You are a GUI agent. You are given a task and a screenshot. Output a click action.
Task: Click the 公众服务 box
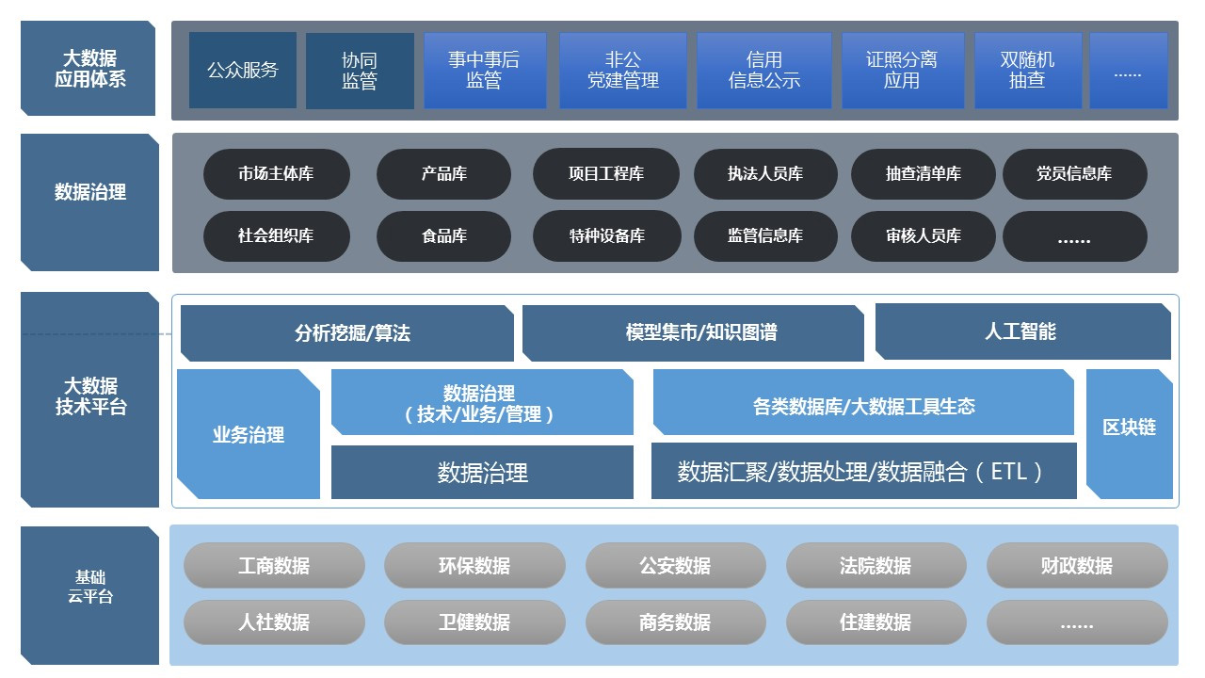[243, 71]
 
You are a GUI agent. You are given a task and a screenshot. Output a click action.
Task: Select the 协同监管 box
[360, 71]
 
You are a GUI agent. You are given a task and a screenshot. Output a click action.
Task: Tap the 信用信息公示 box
[763, 71]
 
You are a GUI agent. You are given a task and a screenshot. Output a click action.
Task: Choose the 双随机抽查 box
[1027, 71]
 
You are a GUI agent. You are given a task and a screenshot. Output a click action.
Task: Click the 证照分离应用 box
[901, 71]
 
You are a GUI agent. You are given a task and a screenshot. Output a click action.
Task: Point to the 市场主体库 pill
[276, 174]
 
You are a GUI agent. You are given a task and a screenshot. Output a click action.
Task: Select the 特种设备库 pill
[606, 235]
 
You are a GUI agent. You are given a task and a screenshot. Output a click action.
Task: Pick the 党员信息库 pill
[1074, 174]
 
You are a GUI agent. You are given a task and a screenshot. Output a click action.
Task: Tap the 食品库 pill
[443, 235]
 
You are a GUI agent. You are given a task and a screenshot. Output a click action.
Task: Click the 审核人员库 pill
[923, 235]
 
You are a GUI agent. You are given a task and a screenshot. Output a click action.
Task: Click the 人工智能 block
[1022, 331]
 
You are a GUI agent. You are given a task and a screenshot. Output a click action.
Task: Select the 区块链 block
[1129, 428]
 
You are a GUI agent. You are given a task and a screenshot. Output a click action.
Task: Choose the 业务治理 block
[249, 435]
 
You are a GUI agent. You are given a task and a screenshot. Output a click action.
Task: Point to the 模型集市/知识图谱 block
[693, 332]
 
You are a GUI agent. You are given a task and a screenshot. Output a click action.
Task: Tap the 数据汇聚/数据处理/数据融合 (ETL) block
[863, 471]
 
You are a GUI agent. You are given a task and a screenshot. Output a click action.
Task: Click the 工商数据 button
[274, 566]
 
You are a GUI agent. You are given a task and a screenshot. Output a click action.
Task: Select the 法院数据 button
[876, 566]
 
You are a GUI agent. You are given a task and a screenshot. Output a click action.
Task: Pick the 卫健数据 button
[474, 622]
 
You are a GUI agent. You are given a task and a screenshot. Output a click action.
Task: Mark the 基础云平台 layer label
[89, 587]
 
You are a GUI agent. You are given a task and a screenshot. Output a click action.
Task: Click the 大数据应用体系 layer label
[89, 69]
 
